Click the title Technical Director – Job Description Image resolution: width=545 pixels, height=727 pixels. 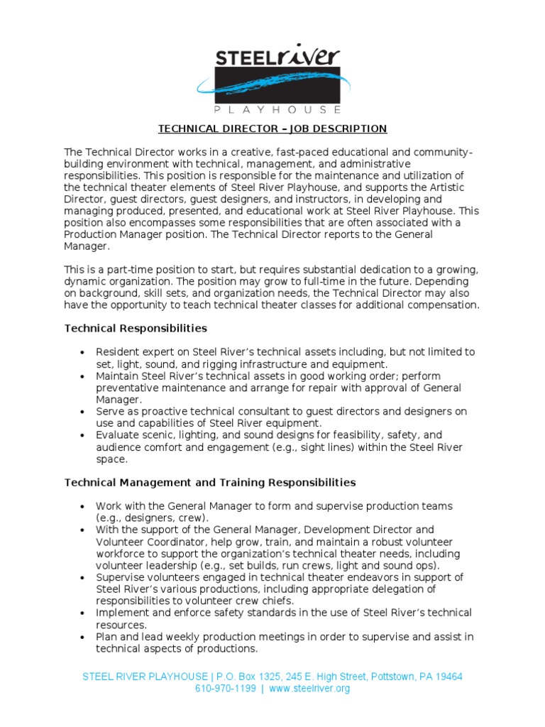pos(272,129)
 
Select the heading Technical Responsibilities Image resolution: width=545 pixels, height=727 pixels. pos(136,328)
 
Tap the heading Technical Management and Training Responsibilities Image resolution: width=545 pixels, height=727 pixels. pos(210,482)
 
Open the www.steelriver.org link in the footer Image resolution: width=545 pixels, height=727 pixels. pos(309,689)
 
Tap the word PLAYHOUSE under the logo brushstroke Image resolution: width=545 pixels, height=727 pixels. pos(277,110)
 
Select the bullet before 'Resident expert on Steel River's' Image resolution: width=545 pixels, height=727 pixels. pos(83,352)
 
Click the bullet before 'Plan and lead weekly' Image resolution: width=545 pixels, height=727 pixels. pos(83,638)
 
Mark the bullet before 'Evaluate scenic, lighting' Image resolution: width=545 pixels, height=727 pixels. pos(83,435)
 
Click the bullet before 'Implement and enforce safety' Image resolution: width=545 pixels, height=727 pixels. pos(83,613)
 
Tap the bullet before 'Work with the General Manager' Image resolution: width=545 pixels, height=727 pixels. pos(83,506)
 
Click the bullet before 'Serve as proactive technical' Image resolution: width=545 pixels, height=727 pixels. pos(83,412)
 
